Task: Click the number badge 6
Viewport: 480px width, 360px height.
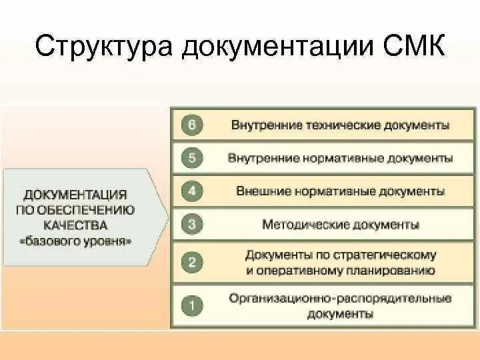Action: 192,125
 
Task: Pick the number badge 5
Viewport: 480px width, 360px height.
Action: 192,158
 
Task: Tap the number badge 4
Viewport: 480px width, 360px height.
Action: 192,191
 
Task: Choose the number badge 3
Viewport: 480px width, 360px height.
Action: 192,225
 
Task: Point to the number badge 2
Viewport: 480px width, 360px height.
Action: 192,262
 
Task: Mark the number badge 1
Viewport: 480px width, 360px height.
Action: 192,306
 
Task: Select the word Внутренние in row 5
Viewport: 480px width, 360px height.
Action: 257,159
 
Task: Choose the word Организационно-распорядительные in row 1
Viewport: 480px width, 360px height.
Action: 340,299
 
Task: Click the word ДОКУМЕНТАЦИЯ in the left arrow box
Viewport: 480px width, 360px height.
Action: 75,195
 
